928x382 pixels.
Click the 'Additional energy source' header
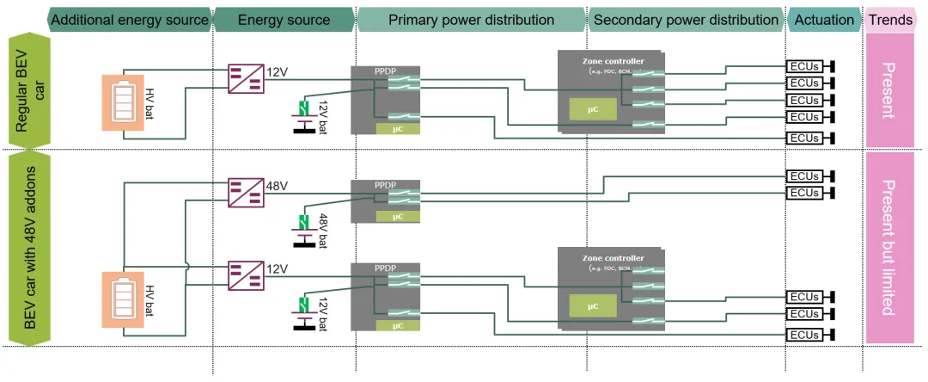(x=130, y=20)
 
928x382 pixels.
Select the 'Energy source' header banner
(x=284, y=20)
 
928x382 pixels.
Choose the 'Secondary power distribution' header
(x=686, y=20)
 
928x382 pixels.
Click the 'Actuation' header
(x=825, y=20)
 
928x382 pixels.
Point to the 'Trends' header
(x=891, y=20)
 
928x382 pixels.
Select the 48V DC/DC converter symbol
(x=245, y=193)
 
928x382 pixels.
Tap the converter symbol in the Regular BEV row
(x=245, y=78)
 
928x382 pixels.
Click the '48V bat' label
(x=324, y=231)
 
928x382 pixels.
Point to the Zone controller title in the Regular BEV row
(x=613, y=61)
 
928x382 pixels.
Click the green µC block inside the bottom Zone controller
(x=593, y=305)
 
